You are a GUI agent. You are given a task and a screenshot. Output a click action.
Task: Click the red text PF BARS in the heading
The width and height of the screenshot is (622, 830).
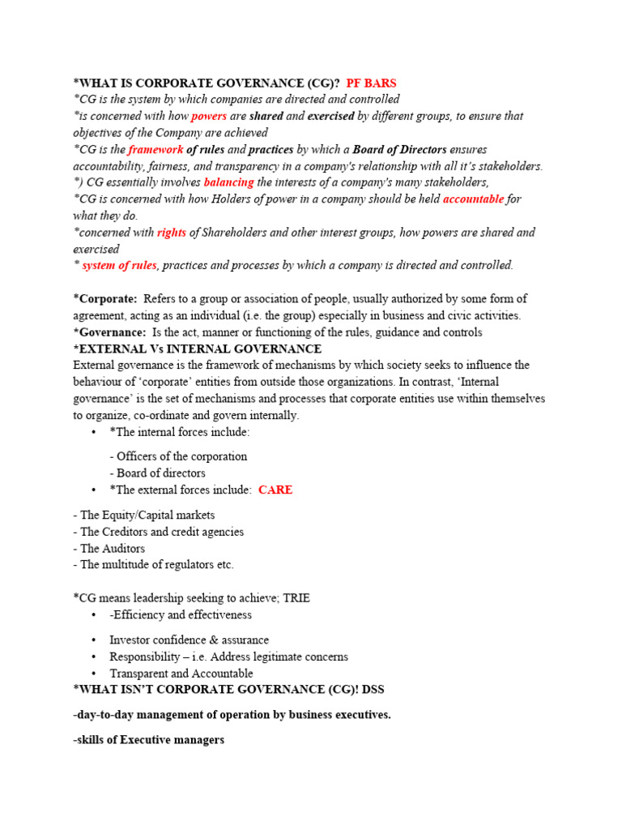coord(371,83)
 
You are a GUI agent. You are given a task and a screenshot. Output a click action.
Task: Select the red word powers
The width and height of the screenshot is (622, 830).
coord(208,116)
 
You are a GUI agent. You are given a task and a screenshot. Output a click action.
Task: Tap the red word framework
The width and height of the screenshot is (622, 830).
coord(155,149)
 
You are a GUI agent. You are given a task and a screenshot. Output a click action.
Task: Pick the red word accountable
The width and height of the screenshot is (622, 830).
coord(473,199)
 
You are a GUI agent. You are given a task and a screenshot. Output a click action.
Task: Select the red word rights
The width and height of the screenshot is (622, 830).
coord(171,232)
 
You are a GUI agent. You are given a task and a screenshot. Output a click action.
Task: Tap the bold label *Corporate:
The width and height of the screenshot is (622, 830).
coord(105,299)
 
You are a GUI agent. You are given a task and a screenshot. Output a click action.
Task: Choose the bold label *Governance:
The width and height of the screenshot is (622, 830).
coord(109,332)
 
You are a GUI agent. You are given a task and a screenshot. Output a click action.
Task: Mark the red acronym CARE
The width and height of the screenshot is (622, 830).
coord(275,490)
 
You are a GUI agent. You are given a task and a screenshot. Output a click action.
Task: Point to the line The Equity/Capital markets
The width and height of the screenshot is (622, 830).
coord(147,515)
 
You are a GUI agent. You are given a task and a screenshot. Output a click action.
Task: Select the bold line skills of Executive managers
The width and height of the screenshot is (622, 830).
coord(148,740)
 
